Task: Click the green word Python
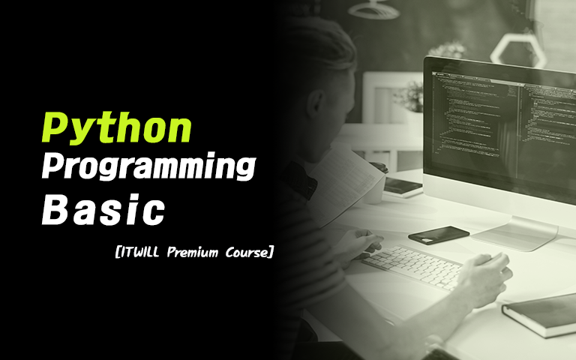[x=117, y=128]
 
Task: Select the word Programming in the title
[x=148, y=167]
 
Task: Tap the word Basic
[x=103, y=209]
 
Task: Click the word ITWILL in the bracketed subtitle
[x=142, y=252]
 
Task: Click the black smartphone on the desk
[x=439, y=235]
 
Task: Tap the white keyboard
[x=413, y=267]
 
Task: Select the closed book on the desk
[x=540, y=315]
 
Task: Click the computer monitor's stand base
[x=514, y=233]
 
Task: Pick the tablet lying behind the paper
[x=402, y=187]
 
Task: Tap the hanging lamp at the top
[x=373, y=10]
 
